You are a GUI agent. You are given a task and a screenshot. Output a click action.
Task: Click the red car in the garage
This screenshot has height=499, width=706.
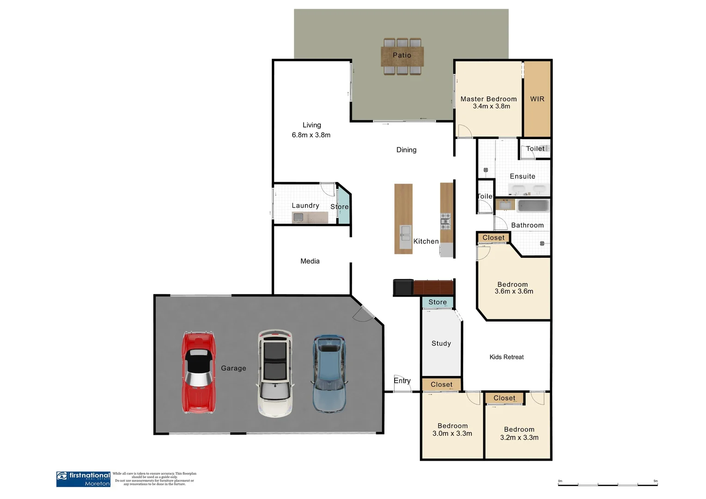198,372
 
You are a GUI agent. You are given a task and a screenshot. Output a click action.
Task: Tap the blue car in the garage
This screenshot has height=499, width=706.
329,373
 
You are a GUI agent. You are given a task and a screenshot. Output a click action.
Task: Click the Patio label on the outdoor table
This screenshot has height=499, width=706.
402,55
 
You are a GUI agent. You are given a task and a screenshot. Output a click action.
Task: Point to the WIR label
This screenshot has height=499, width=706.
537,99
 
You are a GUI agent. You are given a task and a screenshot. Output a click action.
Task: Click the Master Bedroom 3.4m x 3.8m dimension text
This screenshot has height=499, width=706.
491,106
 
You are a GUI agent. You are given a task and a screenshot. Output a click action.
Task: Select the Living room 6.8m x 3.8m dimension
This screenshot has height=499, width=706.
311,135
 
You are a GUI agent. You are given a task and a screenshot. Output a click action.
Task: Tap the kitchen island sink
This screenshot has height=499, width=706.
405,233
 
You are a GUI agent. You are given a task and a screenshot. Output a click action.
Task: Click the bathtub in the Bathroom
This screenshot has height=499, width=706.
533,206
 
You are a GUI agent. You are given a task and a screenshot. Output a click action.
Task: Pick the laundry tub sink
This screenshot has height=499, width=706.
298,217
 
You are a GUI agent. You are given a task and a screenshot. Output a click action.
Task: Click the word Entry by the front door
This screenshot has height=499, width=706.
402,380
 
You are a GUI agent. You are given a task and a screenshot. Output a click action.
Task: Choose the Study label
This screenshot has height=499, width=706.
441,343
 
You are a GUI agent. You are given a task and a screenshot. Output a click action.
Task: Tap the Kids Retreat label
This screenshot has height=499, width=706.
506,357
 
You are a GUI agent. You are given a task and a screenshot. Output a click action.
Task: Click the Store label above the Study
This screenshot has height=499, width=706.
437,302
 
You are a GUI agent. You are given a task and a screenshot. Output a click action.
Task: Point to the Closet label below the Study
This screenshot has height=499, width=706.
441,384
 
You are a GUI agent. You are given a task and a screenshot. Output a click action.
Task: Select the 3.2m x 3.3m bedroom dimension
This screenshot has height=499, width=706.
519,438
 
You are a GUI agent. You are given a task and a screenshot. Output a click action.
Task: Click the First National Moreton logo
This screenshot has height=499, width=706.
84,479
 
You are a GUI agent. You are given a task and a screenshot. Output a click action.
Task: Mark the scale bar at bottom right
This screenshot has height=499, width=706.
608,484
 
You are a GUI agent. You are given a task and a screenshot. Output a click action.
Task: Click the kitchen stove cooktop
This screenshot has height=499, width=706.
445,221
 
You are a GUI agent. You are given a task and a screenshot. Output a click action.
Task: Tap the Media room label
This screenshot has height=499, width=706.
310,261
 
